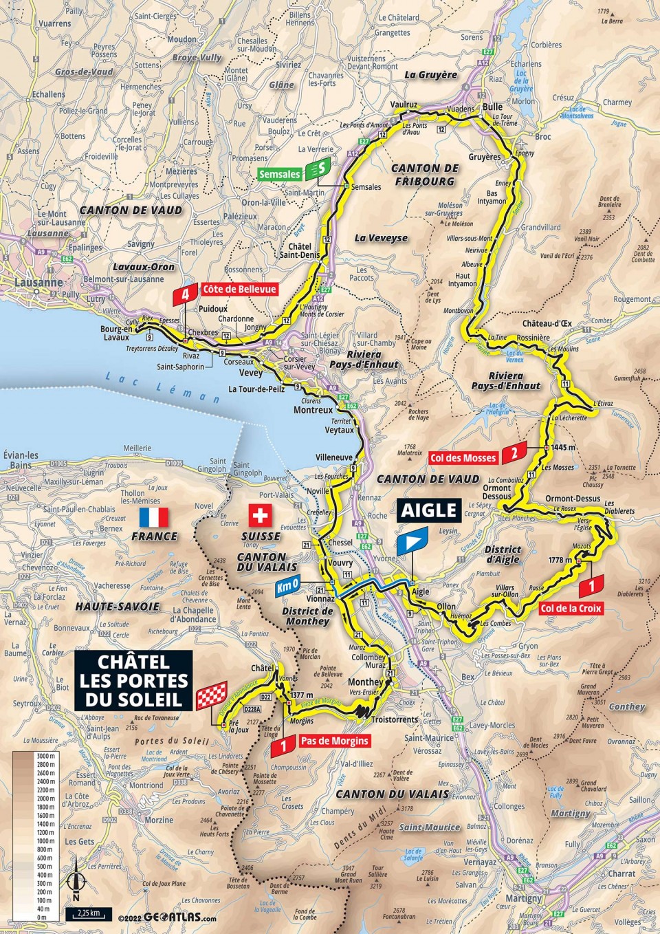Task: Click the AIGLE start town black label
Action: click(x=429, y=510)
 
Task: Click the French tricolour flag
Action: click(x=153, y=517)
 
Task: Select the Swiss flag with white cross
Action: click(x=260, y=516)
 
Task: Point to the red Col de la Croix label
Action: click(x=571, y=608)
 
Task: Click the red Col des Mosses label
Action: click(x=463, y=457)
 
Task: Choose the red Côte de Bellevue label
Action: click(x=239, y=290)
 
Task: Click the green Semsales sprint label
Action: click(x=280, y=175)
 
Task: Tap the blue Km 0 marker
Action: click(x=287, y=588)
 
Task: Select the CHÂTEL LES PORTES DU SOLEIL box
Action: click(x=133, y=681)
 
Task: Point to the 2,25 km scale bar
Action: click(x=89, y=914)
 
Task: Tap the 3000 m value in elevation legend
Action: click(x=46, y=756)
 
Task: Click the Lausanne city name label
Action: click(x=40, y=283)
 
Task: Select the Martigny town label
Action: click(x=524, y=898)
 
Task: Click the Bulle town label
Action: click(x=492, y=107)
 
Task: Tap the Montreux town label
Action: click(x=313, y=410)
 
